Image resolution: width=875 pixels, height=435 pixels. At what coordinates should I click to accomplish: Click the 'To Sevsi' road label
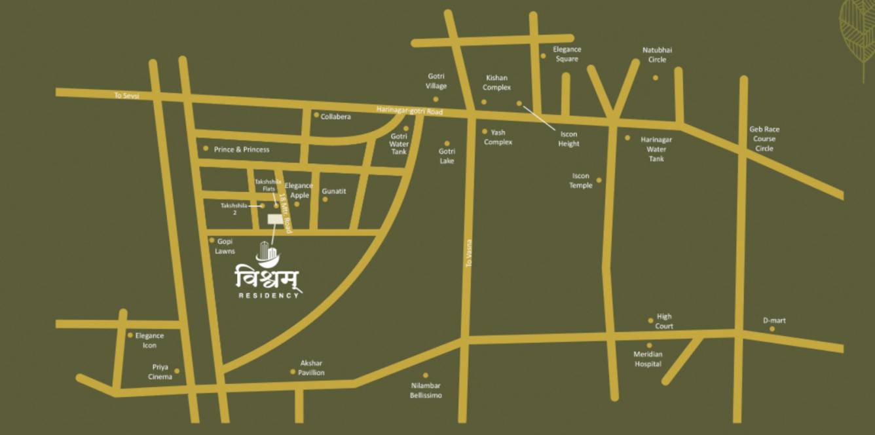pyautogui.click(x=127, y=96)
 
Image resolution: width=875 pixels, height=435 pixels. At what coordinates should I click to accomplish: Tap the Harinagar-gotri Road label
pyautogui.click(x=409, y=111)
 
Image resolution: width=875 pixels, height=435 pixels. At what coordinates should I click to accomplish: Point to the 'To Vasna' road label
pyautogui.click(x=469, y=252)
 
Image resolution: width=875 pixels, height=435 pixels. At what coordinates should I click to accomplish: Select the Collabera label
pyautogui.click(x=335, y=117)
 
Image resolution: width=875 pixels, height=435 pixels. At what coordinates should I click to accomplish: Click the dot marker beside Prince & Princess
pyautogui.click(x=206, y=149)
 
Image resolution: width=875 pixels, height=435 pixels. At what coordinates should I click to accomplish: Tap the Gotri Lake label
pyautogui.click(x=447, y=156)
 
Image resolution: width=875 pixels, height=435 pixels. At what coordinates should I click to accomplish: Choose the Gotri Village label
pyautogui.click(x=436, y=81)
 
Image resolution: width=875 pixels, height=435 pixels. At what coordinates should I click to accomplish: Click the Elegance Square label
pyautogui.click(x=567, y=54)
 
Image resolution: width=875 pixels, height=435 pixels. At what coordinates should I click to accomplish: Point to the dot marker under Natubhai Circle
pyautogui.click(x=656, y=77)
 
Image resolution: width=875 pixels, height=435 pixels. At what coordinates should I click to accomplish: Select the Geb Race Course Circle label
pyautogui.click(x=764, y=139)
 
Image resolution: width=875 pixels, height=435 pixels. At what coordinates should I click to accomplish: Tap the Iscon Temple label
pyautogui.click(x=581, y=180)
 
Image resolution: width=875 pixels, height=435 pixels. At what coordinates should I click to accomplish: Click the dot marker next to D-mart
pyautogui.click(x=772, y=329)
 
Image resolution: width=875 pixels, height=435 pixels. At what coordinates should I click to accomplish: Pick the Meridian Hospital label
pyautogui.click(x=648, y=359)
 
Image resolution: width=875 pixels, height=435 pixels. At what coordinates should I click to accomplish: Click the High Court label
pyautogui.click(x=664, y=321)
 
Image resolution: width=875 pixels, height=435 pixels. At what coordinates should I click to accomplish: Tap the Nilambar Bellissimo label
pyautogui.click(x=426, y=390)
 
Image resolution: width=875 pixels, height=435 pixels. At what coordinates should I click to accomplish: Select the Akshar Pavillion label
pyautogui.click(x=312, y=368)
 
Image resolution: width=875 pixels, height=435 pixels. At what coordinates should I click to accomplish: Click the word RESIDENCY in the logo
pyautogui.click(x=269, y=295)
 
